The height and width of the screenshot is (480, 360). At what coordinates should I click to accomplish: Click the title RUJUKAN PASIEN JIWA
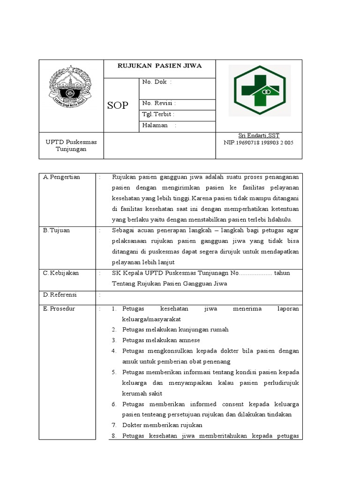pos(159,66)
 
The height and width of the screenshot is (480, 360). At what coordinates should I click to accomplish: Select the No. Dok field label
pos(157,82)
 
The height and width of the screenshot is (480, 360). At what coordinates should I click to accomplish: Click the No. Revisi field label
pos(159,104)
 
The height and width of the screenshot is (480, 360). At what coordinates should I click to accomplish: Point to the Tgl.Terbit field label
pos(158,114)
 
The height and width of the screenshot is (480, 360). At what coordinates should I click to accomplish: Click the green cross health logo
pos(259,90)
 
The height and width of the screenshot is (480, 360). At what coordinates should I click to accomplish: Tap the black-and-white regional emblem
pos(71,88)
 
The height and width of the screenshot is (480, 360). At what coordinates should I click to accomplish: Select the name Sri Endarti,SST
pos(259,135)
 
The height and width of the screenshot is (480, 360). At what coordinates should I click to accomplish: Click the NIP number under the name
pos(259,142)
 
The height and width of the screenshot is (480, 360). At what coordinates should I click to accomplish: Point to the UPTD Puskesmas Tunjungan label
pos(66,145)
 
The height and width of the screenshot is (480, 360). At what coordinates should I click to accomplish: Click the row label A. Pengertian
pos(61,177)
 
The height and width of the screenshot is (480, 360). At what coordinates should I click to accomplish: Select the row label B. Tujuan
pos(56,231)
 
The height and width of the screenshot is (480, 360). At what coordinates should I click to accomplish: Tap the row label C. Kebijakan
pos(61,273)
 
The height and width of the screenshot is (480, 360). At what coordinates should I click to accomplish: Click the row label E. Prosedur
pos(59,309)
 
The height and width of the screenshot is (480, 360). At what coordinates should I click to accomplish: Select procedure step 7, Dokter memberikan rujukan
pos(162,425)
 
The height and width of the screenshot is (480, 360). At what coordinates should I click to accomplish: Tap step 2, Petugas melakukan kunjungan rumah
pos(175,330)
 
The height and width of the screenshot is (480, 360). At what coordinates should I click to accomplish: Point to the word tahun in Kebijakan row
pos(282,273)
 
